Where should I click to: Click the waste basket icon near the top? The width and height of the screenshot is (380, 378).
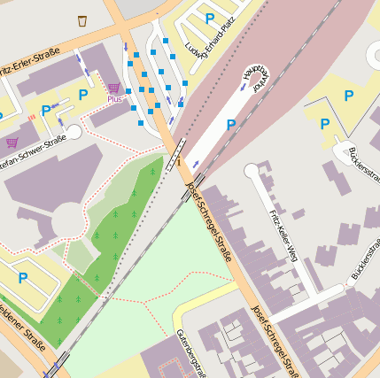(82, 20)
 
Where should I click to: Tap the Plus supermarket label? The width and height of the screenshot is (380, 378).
(115, 98)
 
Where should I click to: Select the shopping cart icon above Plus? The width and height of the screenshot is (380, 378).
(113, 88)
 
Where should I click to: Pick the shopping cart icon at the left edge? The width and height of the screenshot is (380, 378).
(12, 142)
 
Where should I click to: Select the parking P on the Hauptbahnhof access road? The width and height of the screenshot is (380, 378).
(231, 125)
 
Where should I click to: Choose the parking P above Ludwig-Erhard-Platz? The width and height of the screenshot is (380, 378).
(210, 18)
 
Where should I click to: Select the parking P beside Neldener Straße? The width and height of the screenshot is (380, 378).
(23, 278)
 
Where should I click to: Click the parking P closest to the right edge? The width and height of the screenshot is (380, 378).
(348, 95)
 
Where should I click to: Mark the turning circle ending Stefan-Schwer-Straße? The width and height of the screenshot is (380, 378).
(74, 132)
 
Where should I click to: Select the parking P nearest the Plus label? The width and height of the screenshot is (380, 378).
(83, 95)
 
